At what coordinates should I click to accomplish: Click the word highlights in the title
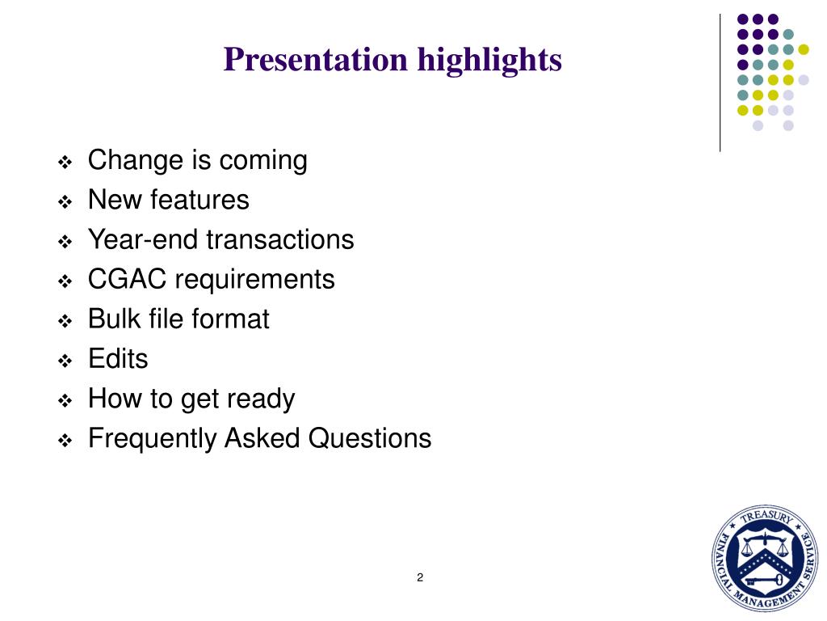[x=489, y=60]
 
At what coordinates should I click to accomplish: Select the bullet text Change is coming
[x=197, y=161]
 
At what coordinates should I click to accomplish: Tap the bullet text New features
[x=168, y=200]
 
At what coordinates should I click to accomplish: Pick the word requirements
[x=254, y=280]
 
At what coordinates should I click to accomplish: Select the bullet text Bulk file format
[x=178, y=319]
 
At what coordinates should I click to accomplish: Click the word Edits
[x=118, y=358]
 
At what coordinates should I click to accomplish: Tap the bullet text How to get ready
[x=191, y=399]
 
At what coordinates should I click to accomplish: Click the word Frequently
[x=153, y=438]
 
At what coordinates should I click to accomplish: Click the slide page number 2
[x=420, y=577]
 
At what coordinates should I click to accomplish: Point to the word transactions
[x=279, y=239]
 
